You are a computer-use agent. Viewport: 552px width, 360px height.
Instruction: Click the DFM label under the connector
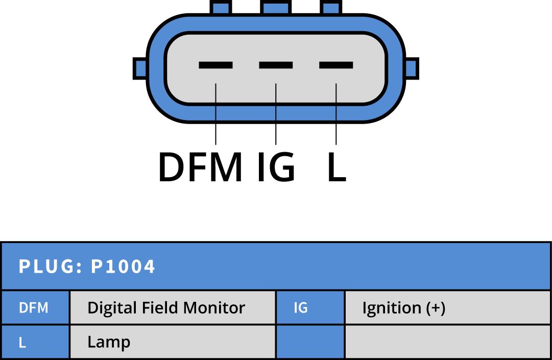(200, 167)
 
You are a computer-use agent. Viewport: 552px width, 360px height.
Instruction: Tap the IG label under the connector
(276, 167)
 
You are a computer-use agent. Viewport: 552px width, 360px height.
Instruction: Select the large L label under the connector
(337, 167)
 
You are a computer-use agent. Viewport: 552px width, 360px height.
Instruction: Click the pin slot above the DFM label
(215, 65)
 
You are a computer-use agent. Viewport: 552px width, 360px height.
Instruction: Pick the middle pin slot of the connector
(276, 65)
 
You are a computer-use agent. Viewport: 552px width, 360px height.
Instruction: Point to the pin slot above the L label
(336, 65)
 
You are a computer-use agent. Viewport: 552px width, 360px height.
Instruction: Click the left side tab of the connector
(140, 68)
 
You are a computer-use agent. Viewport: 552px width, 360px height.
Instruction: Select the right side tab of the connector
(412, 68)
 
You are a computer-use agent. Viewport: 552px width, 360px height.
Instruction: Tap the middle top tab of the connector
(276, 7)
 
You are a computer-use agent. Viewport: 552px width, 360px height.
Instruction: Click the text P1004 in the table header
(123, 267)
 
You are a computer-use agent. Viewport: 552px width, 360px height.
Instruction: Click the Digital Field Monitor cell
(166, 308)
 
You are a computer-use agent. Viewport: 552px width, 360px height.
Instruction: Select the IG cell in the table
(301, 308)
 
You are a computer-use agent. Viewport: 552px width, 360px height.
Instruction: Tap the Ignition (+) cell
(403, 308)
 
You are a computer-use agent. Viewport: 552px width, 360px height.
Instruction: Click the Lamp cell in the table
(109, 342)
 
